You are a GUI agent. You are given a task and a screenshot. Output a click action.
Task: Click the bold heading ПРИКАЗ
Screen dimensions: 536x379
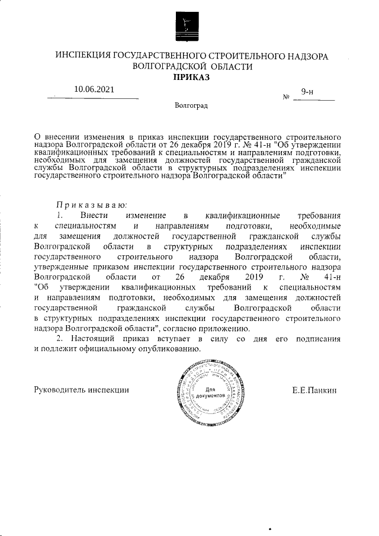191,77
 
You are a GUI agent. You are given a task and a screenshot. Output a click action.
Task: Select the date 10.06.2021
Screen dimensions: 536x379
94,89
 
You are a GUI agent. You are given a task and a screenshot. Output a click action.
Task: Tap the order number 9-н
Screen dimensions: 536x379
307,91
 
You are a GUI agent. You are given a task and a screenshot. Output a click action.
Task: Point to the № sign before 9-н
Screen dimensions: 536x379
287,97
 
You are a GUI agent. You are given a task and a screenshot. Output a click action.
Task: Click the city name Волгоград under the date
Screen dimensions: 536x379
191,105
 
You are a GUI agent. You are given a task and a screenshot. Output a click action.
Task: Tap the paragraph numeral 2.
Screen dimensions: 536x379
59,339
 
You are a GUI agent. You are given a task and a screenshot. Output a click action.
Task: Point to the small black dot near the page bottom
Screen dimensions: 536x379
270,527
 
